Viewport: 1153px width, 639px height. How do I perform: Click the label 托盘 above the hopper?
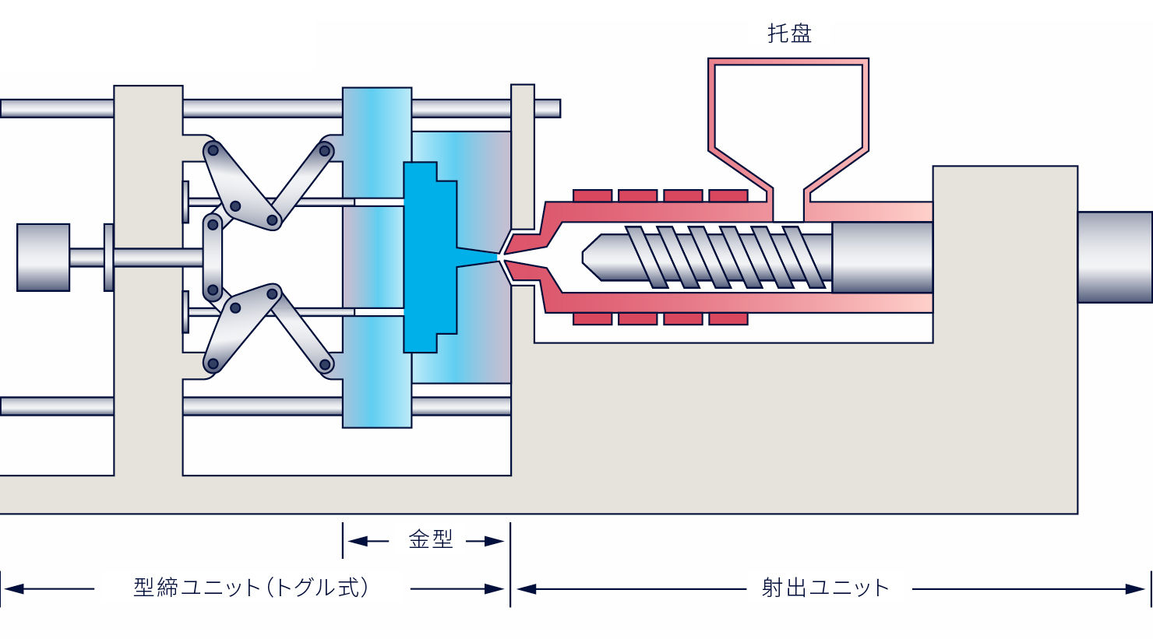coord(789,33)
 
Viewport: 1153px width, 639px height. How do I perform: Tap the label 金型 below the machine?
coord(430,540)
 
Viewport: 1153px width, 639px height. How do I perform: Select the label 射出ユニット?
coord(825,588)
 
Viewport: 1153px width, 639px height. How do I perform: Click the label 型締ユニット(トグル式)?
coord(252,588)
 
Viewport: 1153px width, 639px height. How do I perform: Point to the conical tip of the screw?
coord(592,258)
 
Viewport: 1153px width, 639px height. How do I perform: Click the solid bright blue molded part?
coord(430,257)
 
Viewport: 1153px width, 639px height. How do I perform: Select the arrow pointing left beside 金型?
coord(368,541)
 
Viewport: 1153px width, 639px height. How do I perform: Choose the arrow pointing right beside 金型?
coord(485,541)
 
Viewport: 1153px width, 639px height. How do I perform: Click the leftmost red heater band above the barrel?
coord(592,195)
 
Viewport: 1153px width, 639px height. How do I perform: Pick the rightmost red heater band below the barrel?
coord(728,319)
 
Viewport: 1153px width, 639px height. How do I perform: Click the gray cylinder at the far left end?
coord(44,258)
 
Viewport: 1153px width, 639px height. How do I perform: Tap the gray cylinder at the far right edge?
coord(1115,257)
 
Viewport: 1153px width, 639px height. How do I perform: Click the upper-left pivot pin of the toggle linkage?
coord(213,151)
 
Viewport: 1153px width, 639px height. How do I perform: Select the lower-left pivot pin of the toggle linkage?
coord(213,364)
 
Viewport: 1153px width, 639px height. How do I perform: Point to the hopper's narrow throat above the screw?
coord(788,204)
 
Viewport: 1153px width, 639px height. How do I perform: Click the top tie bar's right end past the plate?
coord(548,108)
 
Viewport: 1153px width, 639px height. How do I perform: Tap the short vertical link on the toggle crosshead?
coord(213,257)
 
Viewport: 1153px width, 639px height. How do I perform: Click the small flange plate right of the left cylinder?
coord(108,257)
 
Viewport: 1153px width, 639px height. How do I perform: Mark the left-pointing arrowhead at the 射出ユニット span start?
coord(526,589)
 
